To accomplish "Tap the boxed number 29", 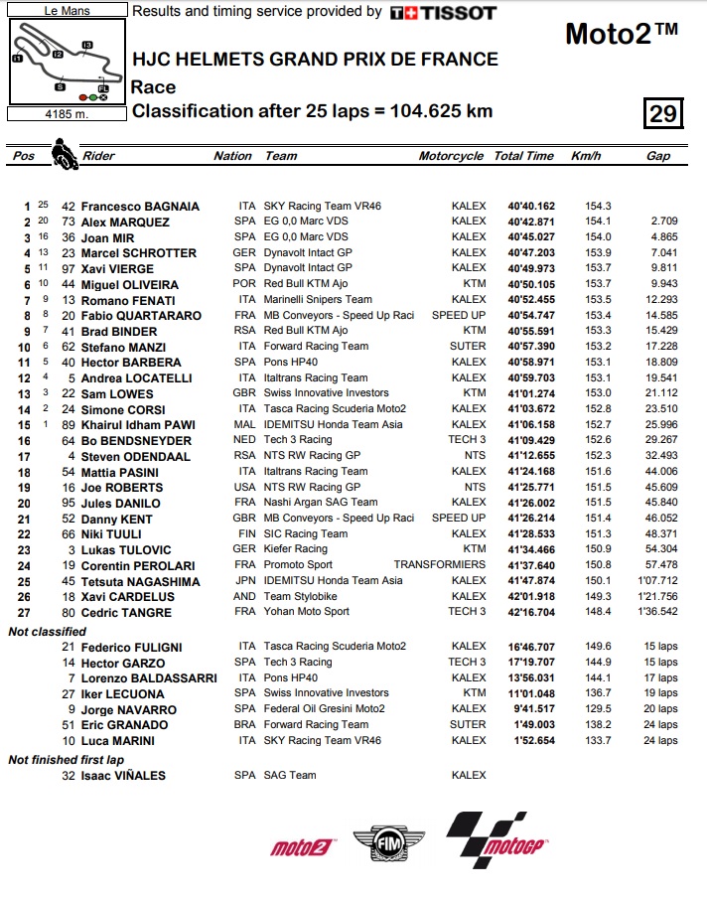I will pos(662,113).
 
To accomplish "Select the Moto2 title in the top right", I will pos(622,33).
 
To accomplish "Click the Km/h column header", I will pos(587,156).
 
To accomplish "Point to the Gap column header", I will pos(657,156).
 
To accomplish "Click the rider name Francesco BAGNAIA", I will pos(140,207).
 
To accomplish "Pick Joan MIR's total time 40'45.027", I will pos(531,237).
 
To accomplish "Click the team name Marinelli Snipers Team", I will pos(318,300).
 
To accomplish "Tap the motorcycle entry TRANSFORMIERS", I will pos(440,565).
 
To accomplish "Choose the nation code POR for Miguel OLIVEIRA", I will pos(245,284).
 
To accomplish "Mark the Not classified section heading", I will pos(47,631).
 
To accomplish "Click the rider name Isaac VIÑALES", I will pos(123,775).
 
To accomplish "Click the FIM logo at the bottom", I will pos(388,839).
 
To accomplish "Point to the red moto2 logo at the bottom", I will pos(301,846).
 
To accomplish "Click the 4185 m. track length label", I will pos(66,113).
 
